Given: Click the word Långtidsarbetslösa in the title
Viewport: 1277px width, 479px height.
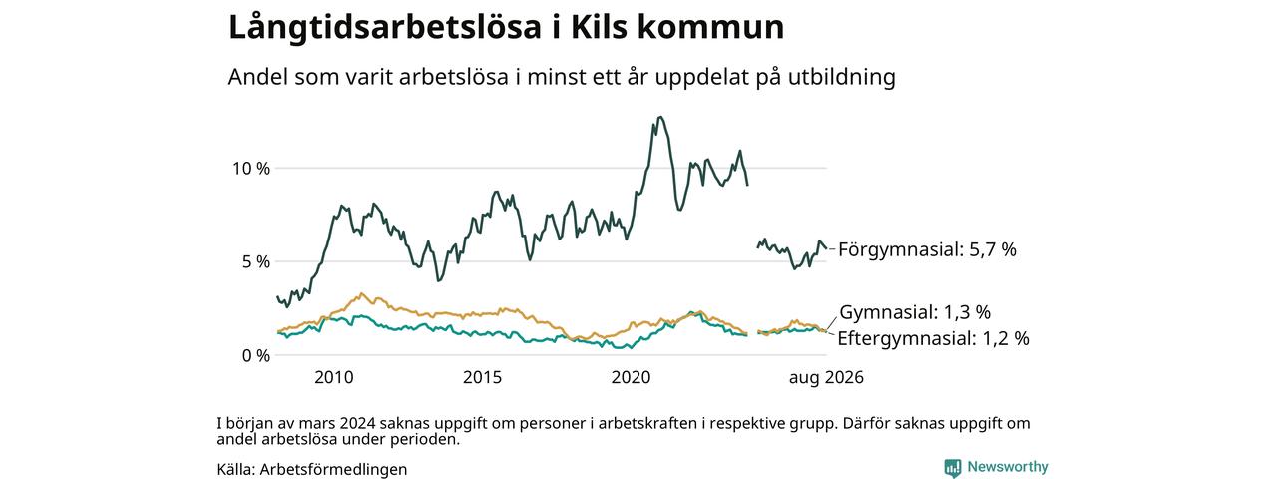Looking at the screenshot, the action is (385, 28).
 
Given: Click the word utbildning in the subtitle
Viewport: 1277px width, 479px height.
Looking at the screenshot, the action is (842, 77).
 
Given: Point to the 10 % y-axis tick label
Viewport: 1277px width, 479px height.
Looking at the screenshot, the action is (250, 169).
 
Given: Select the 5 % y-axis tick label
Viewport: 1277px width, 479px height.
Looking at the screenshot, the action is (256, 261).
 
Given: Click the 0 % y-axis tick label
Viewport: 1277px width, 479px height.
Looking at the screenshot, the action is (256, 356).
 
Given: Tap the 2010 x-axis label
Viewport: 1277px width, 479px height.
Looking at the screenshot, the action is (334, 377).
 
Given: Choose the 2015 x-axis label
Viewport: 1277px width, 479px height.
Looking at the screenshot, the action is (482, 377).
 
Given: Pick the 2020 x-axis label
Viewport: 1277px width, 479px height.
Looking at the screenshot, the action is (632, 377).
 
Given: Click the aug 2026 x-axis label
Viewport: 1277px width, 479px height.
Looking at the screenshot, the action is (826, 377).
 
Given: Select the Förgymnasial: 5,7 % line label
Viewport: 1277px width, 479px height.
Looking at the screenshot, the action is (927, 249).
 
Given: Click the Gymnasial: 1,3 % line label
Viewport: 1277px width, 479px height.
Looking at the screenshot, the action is (915, 312).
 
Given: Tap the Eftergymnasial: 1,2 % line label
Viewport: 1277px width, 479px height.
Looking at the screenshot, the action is (933, 338).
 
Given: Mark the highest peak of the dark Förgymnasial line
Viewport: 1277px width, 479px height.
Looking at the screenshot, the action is (660, 117).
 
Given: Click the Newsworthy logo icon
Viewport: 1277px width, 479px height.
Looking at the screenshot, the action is (952, 468).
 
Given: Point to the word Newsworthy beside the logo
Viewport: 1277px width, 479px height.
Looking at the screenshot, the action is (1008, 467).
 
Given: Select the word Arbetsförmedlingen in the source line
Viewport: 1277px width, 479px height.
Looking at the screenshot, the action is (333, 469).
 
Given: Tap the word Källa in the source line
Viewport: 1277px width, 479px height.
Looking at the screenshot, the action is (236, 469).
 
